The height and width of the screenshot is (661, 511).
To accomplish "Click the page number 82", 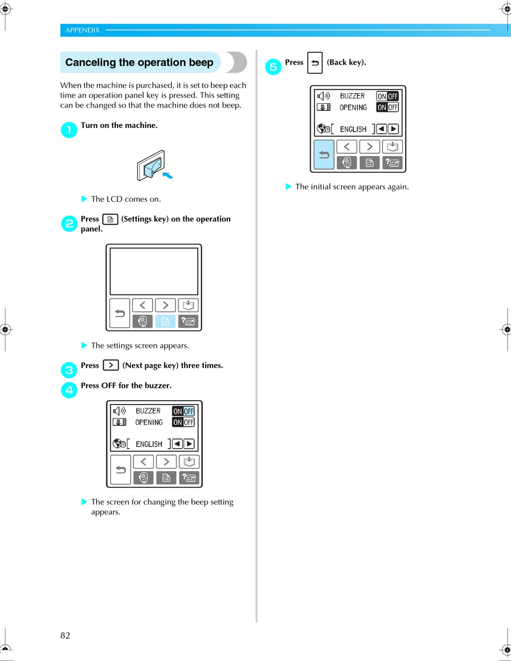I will click(x=65, y=635).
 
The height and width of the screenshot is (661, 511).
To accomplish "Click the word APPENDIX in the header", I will click(x=82, y=30).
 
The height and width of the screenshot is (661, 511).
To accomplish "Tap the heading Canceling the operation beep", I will click(x=139, y=62).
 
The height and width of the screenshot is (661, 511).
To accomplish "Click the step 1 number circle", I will click(x=69, y=130).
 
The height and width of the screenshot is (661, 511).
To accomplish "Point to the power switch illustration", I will click(x=152, y=166).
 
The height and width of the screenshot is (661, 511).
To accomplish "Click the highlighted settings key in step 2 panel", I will click(x=165, y=321).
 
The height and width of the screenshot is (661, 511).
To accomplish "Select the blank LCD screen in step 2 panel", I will click(x=154, y=271).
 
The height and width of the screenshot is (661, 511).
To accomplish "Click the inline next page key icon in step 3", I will click(x=110, y=365).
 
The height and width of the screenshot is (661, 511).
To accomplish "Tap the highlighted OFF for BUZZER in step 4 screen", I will click(x=188, y=411).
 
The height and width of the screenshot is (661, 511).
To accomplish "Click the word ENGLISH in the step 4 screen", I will click(x=149, y=444).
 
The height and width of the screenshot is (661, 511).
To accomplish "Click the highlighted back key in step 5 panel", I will click(x=324, y=154).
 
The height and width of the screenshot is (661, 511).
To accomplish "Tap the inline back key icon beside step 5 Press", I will click(x=315, y=63).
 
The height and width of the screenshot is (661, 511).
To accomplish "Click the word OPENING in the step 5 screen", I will click(x=353, y=108).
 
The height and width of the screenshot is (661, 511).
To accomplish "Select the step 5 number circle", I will click(x=273, y=67).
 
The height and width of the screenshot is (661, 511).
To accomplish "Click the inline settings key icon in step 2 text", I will click(x=110, y=219).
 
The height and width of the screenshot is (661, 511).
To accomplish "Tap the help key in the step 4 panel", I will click(x=189, y=477).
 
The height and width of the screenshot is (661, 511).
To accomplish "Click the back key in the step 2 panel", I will click(x=120, y=313).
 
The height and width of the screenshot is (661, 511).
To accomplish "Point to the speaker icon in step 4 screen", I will click(x=119, y=411).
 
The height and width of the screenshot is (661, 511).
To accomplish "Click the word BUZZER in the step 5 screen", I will click(x=352, y=96).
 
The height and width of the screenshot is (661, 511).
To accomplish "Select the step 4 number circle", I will click(x=69, y=390).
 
